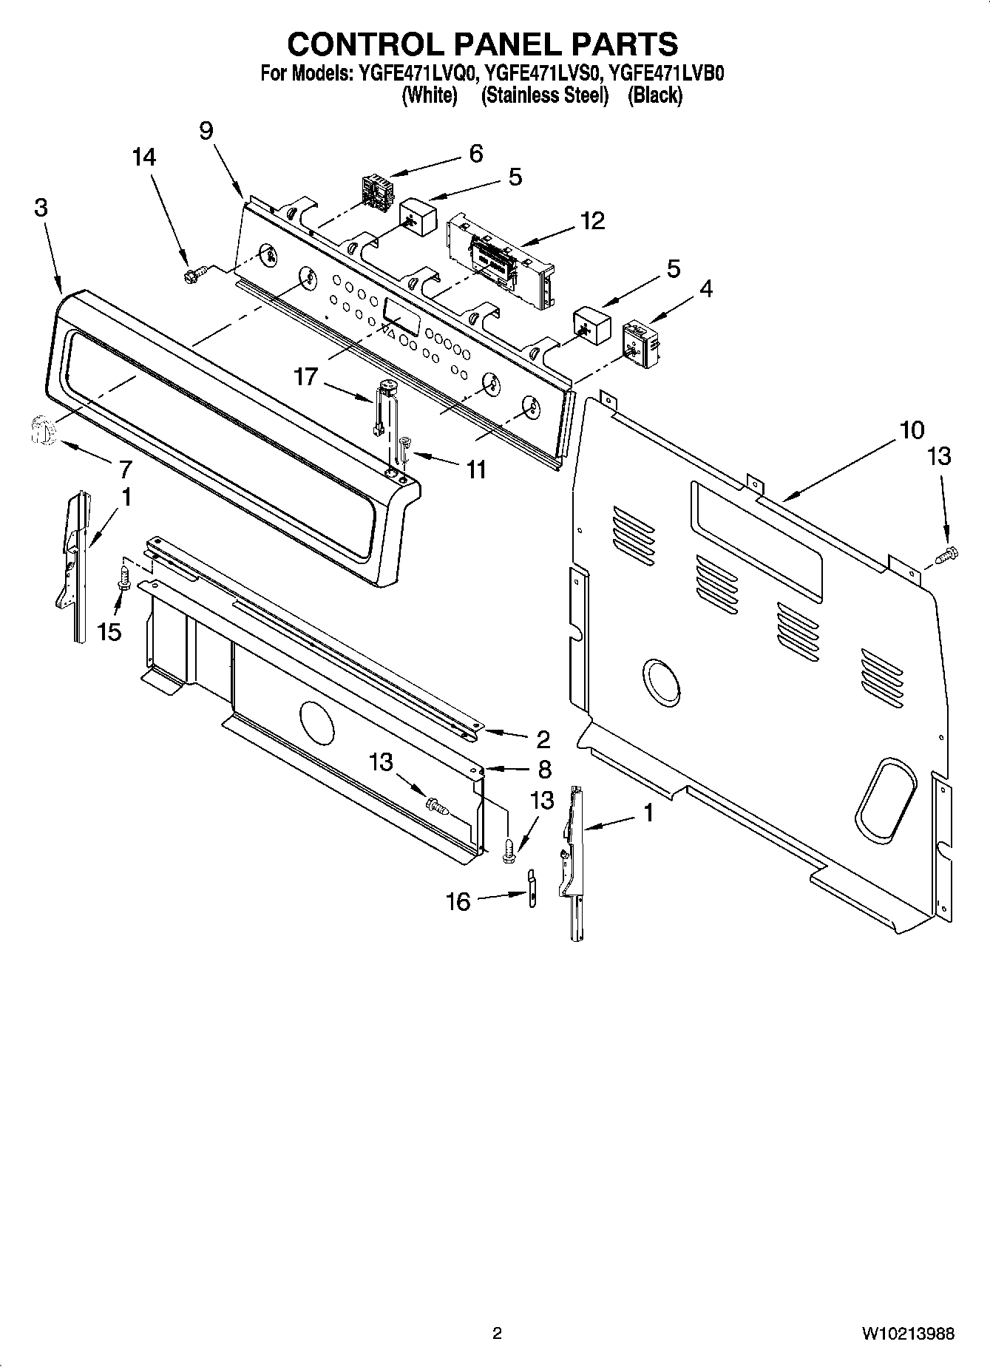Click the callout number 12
tap(592, 220)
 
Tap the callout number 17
tap(305, 377)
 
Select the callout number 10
tap(911, 430)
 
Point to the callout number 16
tap(458, 901)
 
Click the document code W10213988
tap(907, 1334)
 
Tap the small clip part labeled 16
tap(531, 886)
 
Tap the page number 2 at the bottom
tap(497, 1334)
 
